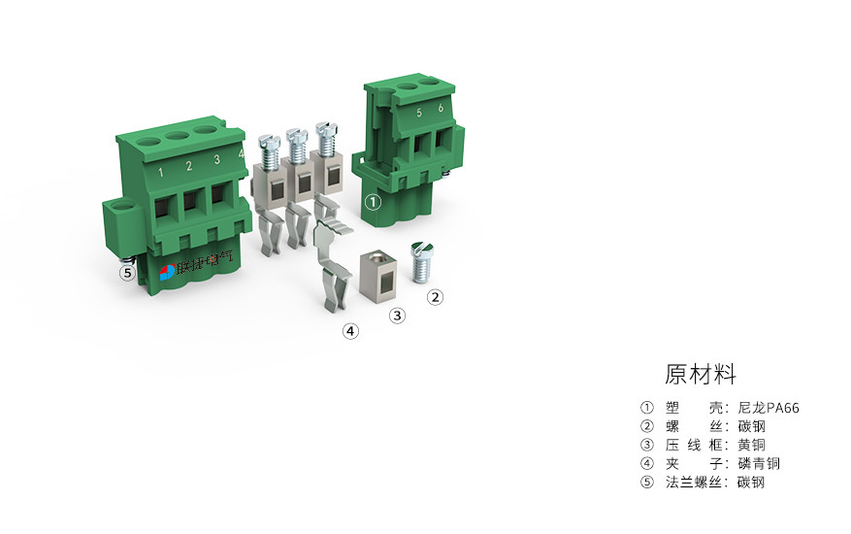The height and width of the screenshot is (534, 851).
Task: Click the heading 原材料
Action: pos(701,374)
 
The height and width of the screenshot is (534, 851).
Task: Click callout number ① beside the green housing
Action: pos(374,203)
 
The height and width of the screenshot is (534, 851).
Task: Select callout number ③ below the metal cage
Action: pos(397,315)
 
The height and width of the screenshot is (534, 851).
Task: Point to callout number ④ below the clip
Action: pos(350,331)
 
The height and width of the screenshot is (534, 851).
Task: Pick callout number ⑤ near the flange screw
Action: pos(127,273)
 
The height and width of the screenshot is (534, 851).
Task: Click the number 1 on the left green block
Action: pos(160,173)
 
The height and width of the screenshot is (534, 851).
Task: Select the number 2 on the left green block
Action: pos(188,166)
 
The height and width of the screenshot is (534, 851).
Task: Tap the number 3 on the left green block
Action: pos(216,159)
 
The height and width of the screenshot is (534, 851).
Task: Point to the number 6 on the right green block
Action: pos(441,109)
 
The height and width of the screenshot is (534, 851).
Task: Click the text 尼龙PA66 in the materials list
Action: pos(769,408)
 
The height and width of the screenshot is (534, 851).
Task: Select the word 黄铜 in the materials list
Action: pos(751,445)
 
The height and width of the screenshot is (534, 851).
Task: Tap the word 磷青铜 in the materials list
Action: pos(758,463)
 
